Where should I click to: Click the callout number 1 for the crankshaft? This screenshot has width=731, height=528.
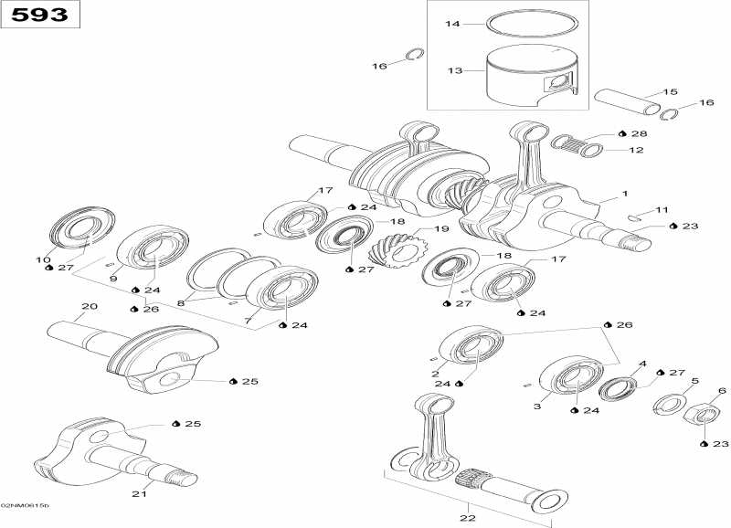pos(625,194)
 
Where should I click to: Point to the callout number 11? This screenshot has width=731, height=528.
pos(662,211)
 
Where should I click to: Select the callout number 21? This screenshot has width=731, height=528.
pos(139,494)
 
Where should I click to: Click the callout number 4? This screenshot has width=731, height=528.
pos(642,364)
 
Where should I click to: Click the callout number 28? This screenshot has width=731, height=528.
pos(638,134)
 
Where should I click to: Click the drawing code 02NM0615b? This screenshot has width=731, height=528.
pos(26,505)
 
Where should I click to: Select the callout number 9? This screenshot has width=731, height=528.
pos(114,279)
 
